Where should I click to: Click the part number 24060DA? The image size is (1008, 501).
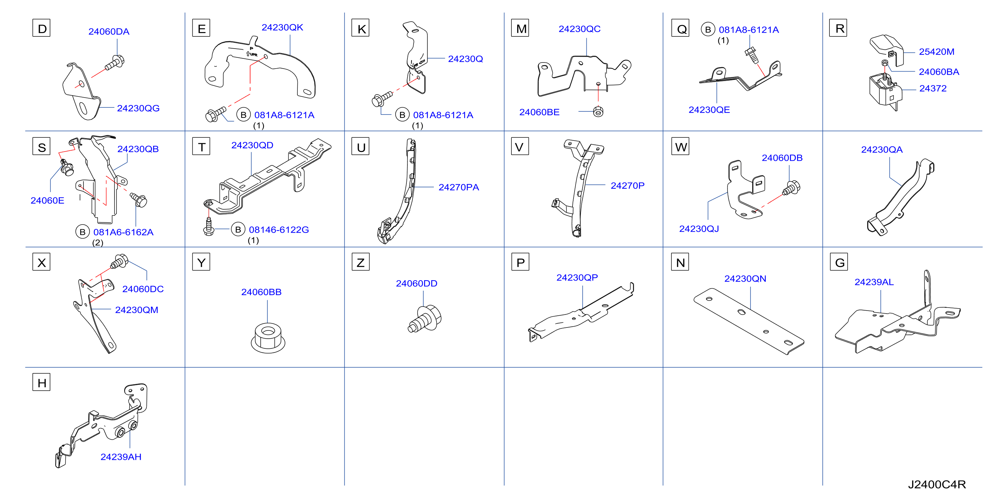[109, 32]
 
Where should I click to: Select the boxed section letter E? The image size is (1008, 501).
[201, 28]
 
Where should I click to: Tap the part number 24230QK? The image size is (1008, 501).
[282, 27]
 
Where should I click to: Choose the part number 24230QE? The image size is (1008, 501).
[709, 110]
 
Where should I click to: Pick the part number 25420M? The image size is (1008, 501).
[936, 52]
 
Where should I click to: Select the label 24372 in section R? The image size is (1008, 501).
[932, 88]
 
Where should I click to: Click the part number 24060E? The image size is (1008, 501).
[47, 201]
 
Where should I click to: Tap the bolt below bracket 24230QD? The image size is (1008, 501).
[209, 227]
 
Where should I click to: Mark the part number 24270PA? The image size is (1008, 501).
[459, 187]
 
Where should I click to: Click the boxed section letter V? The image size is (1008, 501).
[520, 147]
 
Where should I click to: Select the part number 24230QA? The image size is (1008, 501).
[882, 150]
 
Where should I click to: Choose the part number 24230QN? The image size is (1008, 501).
[745, 279]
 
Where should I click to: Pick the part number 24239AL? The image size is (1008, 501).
[874, 282]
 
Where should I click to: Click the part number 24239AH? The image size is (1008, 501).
[121, 457]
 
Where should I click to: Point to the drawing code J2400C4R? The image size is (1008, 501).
[937, 484]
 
